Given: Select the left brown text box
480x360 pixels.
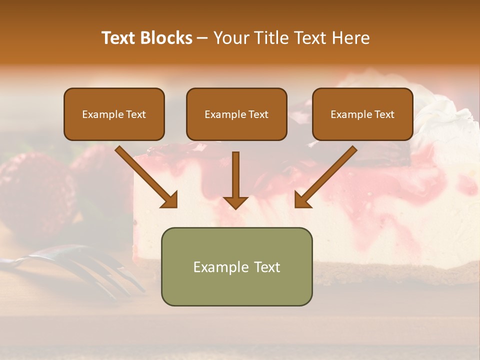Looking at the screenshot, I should click(x=114, y=114).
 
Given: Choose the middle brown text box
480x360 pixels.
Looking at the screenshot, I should click(x=236, y=114).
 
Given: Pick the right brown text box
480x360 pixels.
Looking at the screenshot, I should click(x=362, y=114).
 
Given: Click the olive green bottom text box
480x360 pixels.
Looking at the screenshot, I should click(x=236, y=266).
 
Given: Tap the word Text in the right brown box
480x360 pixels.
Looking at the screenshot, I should click(x=383, y=114).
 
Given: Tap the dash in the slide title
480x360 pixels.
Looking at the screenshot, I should click(x=202, y=38).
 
